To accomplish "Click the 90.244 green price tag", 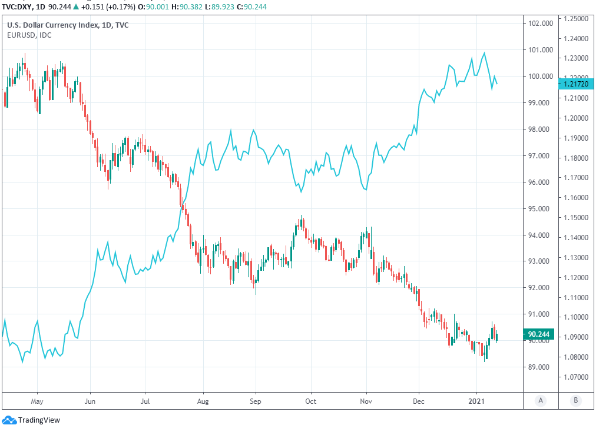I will [539, 334].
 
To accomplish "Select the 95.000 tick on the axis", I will [540, 208].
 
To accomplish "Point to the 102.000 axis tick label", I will [540, 24].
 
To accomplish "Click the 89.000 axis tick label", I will [540, 367].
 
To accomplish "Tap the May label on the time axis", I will [37, 401].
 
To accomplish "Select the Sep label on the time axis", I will [256, 401].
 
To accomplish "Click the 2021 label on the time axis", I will [476, 401].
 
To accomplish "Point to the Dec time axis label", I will [419, 401].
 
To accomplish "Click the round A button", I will [540, 400].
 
